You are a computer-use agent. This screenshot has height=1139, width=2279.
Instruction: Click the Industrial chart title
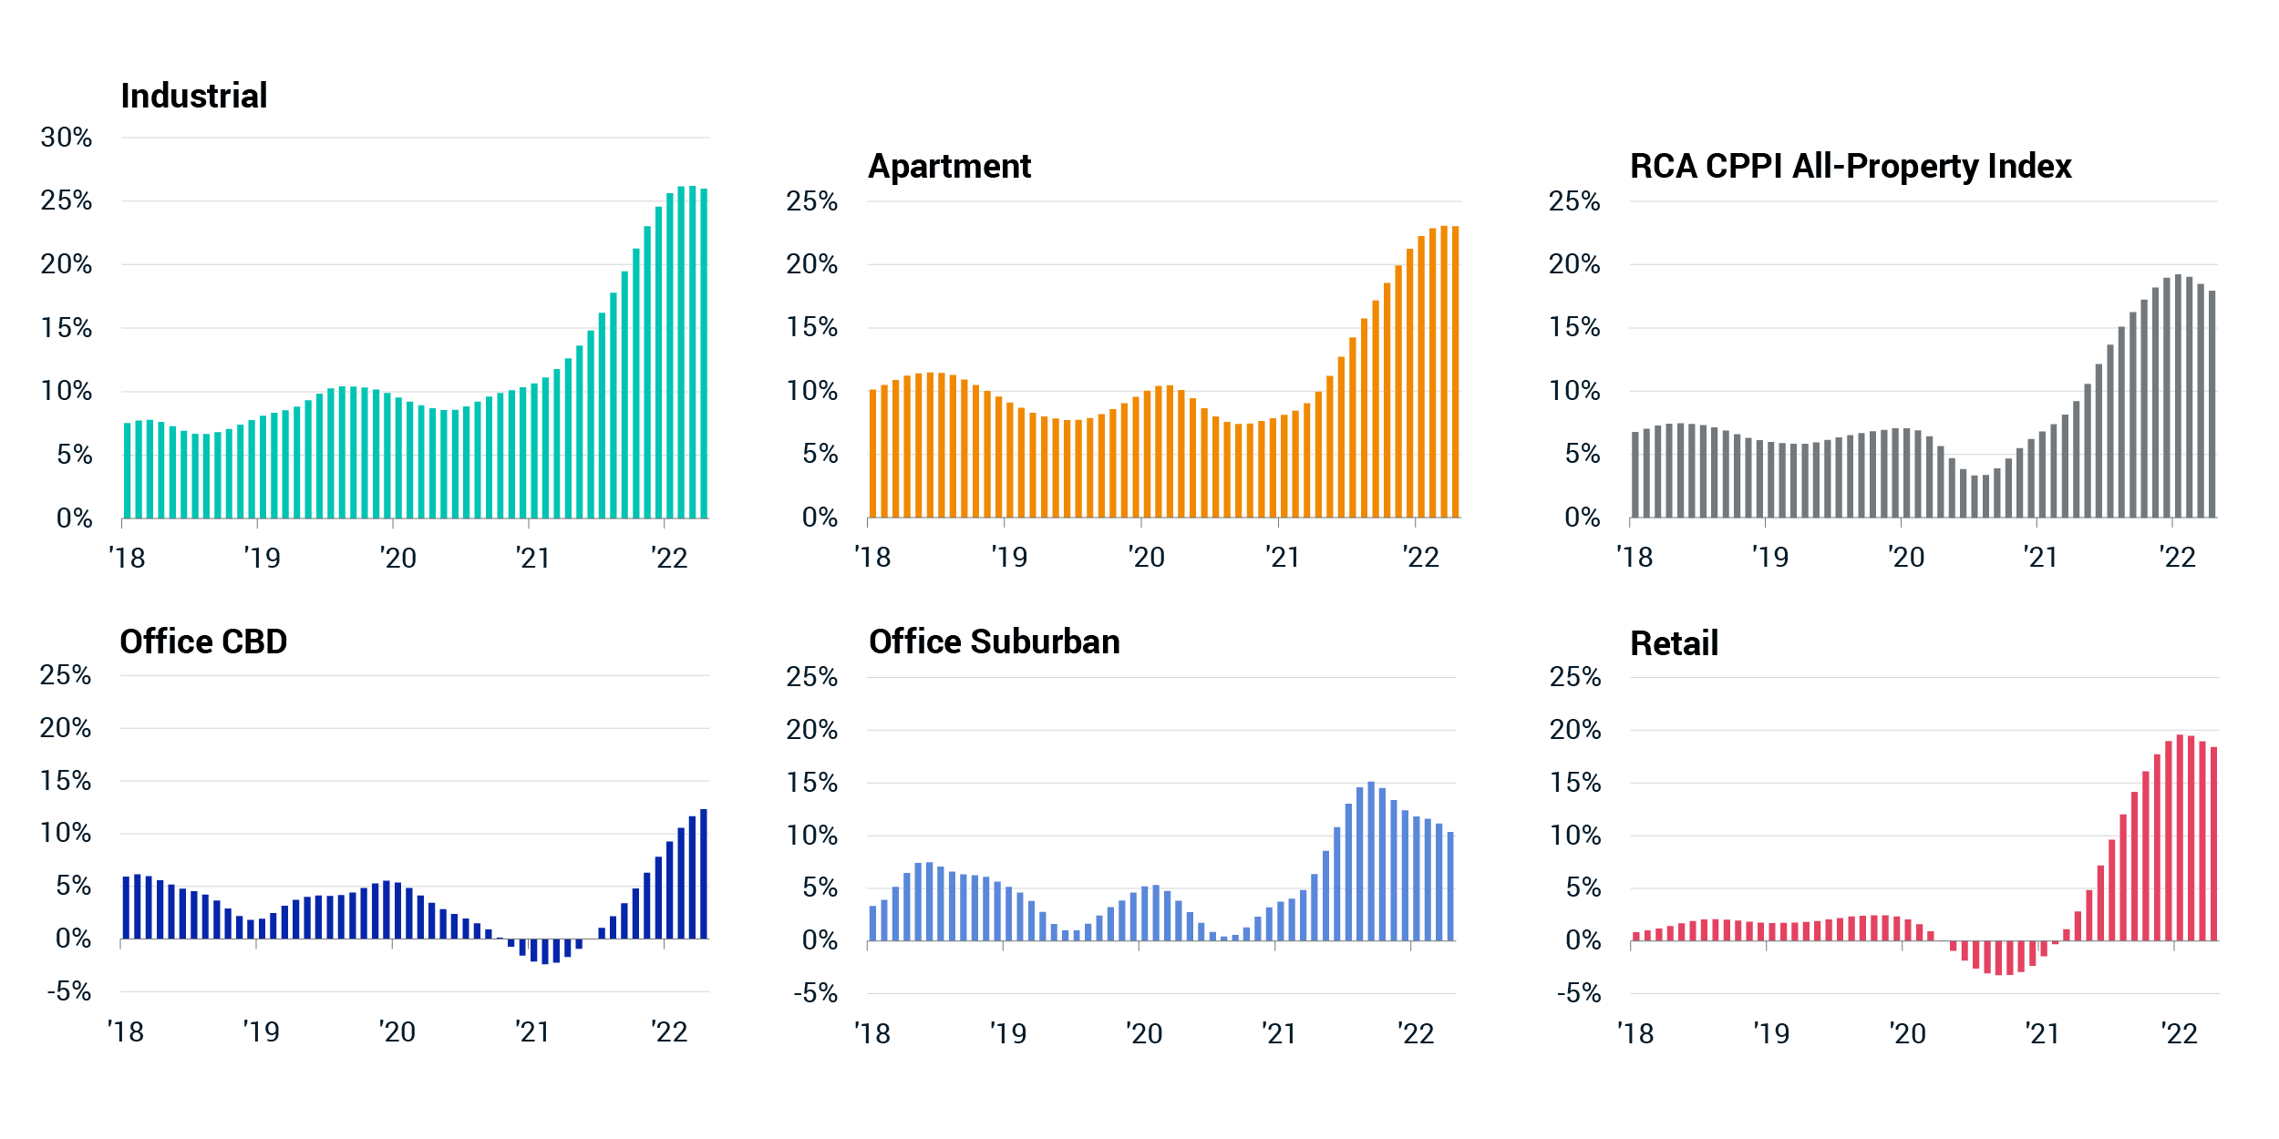(193, 96)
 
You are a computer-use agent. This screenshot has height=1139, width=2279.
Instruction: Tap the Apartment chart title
(949, 166)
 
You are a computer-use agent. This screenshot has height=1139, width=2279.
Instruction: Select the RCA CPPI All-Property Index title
(1851, 166)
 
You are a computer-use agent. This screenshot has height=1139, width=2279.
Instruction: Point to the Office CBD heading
(203, 641)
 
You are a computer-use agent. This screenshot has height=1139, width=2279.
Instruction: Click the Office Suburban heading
(994, 641)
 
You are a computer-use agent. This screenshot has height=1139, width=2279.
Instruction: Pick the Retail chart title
(1674, 643)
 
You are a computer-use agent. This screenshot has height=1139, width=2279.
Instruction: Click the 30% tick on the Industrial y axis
(67, 138)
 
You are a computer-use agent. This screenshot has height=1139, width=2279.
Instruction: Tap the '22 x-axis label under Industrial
(670, 558)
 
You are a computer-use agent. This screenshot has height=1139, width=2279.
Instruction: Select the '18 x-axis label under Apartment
(872, 557)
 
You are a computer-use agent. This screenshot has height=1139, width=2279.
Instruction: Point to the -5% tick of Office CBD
(69, 991)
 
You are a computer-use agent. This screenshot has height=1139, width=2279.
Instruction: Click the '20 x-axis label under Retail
(1907, 1033)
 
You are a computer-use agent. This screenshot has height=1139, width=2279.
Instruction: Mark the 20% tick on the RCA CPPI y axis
(1574, 264)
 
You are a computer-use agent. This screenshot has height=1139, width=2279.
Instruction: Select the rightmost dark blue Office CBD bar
(704, 874)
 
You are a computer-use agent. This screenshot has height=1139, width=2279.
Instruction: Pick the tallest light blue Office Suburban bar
(1371, 861)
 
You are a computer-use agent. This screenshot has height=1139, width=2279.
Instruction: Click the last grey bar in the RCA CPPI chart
(2212, 405)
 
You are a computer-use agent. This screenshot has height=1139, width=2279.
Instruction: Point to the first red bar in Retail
(1636, 936)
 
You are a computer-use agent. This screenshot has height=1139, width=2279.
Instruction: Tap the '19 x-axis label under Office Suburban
(1008, 1033)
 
